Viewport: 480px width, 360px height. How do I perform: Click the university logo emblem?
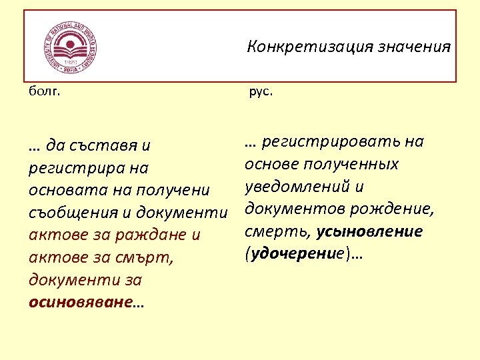(68, 46)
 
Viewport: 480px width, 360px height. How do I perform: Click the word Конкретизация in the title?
(293, 47)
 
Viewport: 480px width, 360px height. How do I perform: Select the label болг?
(44, 92)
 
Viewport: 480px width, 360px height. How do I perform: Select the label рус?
(260, 92)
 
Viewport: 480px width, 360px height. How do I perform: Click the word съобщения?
(75, 213)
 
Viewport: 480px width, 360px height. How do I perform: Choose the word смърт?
(145, 258)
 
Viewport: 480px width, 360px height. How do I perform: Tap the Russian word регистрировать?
(333, 141)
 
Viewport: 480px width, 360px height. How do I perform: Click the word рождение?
(388, 209)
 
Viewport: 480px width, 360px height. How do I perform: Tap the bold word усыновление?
(369, 232)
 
